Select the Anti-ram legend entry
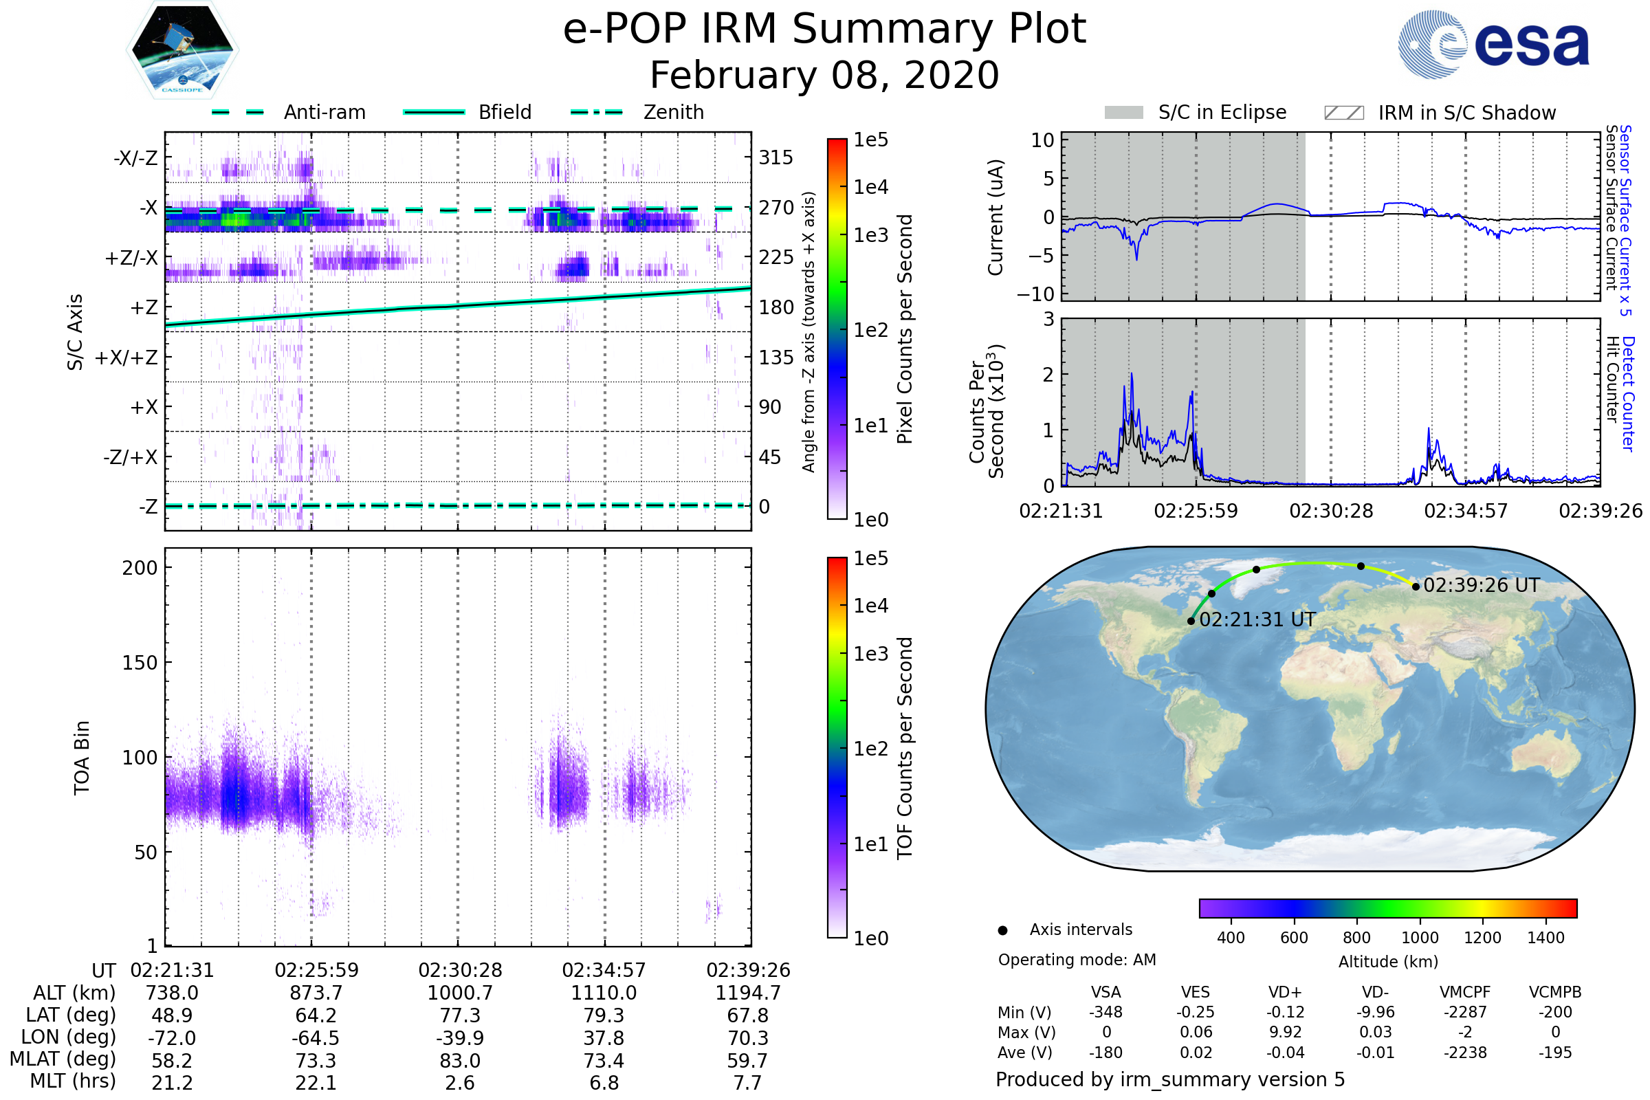tap(324, 112)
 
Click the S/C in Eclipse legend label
tap(1222, 112)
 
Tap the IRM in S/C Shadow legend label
tap(1467, 113)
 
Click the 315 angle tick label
tap(776, 157)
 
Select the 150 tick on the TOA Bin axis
tap(140, 663)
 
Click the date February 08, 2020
tap(824, 76)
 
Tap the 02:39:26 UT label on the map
tap(1481, 585)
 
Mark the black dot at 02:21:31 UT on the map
tap(1191, 621)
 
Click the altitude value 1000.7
tap(459, 993)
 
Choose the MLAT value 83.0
tap(459, 1060)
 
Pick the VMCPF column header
tap(1465, 992)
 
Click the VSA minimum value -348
tap(1105, 1012)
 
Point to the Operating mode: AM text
tap(1077, 960)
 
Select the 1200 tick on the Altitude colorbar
tap(1482, 938)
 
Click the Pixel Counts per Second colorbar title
tap(905, 329)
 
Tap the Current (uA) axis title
tap(995, 217)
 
